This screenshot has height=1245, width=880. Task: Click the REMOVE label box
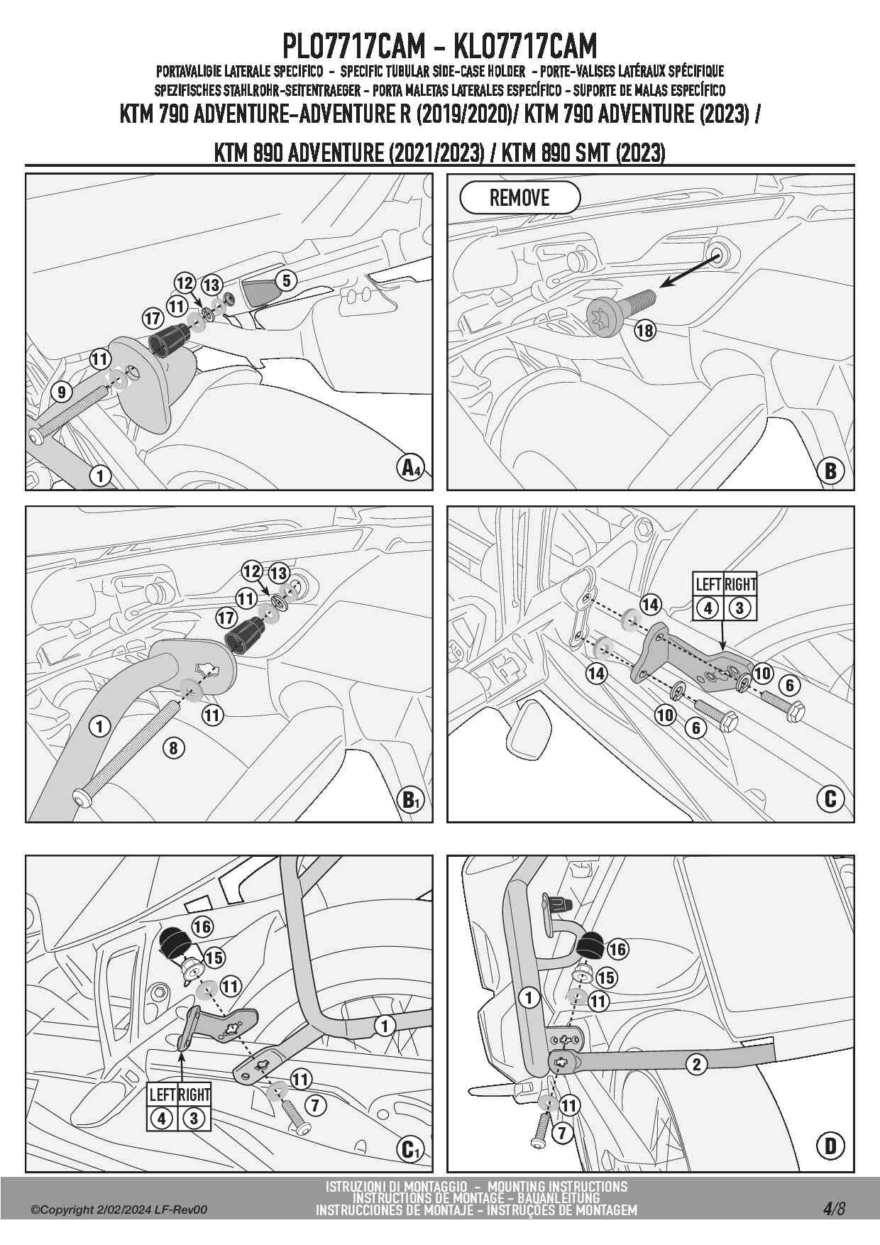519,198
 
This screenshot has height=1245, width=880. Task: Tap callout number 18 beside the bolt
644,330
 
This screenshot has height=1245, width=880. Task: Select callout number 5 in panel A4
286,280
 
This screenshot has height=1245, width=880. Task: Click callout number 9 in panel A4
61,391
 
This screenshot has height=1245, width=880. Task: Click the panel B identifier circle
831,470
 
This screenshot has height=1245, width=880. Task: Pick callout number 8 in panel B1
173,747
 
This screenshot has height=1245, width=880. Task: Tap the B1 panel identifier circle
410,800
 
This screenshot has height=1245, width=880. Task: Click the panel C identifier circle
831,799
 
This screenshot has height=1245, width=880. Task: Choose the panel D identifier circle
831,1146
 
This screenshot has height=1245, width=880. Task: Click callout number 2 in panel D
697,1064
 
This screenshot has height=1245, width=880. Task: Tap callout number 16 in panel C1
202,926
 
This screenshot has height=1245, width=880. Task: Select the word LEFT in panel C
708,585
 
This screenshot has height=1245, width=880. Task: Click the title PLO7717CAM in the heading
353,46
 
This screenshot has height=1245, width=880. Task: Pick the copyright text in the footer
119,1210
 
